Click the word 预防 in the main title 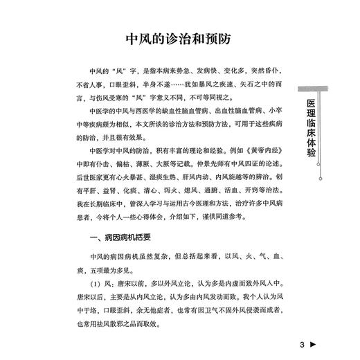pos(214,37)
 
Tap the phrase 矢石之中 pos(244,84)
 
